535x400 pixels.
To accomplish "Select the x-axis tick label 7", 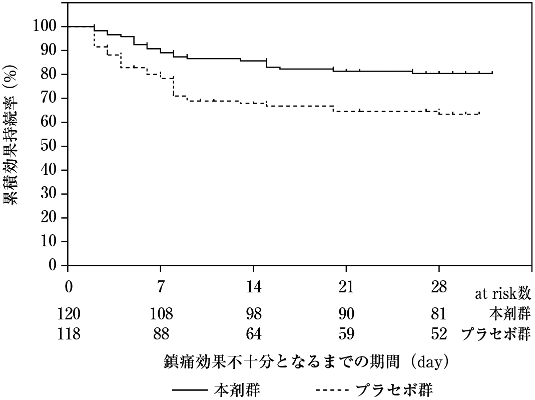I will [x=160, y=288].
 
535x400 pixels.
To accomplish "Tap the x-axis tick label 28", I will [x=438, y=288].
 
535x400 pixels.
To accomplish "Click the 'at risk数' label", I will [x=502, y=294].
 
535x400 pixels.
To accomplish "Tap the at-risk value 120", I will [x=69, y=314].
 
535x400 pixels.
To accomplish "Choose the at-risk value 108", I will [x=161, y=314].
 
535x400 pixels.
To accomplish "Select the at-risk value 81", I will [x=438, y=314].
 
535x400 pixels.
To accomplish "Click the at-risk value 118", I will [x=69, y=334].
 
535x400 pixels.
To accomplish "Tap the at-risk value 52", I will [x=438, y=334].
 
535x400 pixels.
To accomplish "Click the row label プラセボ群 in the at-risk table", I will [x=495, y=334].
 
